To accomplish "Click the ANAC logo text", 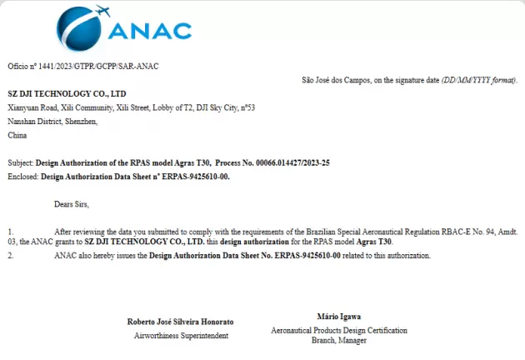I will click(x=149, y=31).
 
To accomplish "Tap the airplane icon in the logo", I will click(x=102, y=12).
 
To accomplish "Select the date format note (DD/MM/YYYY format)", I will click(x=478, y=80).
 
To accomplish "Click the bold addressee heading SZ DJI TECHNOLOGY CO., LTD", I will click(x=67, y=94).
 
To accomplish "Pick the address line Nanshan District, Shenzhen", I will click(x=52, y=121).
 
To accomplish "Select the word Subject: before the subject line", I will click(x=21, y=162).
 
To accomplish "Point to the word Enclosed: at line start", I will click(x=23, y=176).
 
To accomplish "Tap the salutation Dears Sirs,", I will click(x=71, y=203).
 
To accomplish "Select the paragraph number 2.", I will click(x=11, y=256).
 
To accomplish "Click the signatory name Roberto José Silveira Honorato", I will click(x=180, y=322).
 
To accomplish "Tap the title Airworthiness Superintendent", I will click(x=181, y=336).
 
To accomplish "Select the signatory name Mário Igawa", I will click(x=339, y=317).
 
